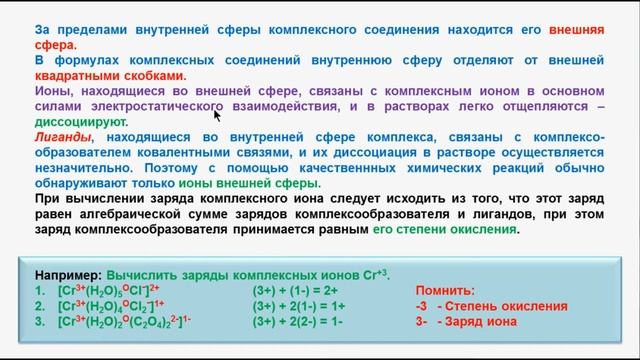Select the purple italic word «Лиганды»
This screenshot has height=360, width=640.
tap(61, 136)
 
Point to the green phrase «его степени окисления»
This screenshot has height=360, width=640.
tap(458, 229)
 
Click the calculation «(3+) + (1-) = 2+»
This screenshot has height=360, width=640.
tap(299, 289)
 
